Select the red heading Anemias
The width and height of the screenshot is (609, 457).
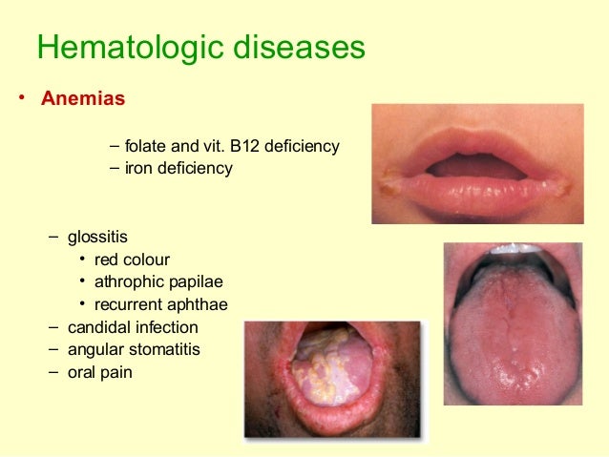[x=83, y=98]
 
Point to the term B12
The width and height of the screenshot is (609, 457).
[x=248, y=147]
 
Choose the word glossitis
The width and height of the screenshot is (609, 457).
[x=97, y=236]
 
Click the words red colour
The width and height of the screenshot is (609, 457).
[x=132, y=260]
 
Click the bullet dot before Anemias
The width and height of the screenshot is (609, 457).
[x=16, y=99]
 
